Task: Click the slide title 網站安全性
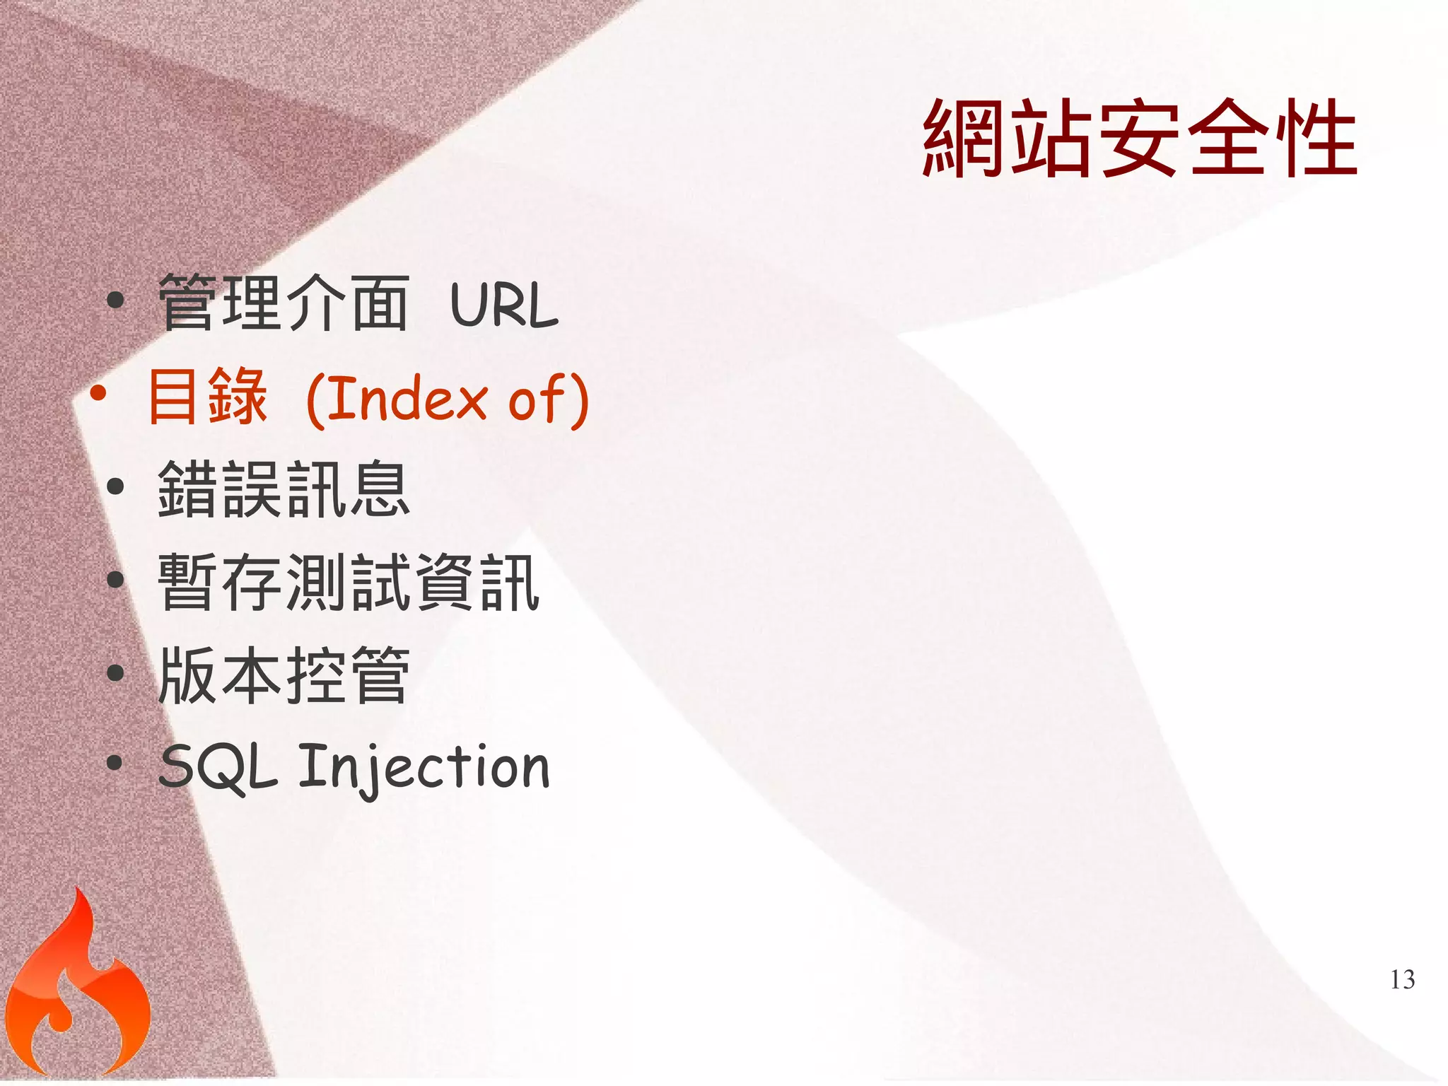click(1140, 138)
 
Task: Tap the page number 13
click(1402, 979)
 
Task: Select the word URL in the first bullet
click(503, 305)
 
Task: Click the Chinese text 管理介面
click(283, 304)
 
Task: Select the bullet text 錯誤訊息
click(283, 489)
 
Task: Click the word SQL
click(218, 768)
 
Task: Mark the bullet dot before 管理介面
click(115, 300)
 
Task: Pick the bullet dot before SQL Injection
click(115, 764)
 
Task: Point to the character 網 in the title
click(965, 138)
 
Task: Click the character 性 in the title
click(1315, 138)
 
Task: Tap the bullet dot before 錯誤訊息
click(115, 486)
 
